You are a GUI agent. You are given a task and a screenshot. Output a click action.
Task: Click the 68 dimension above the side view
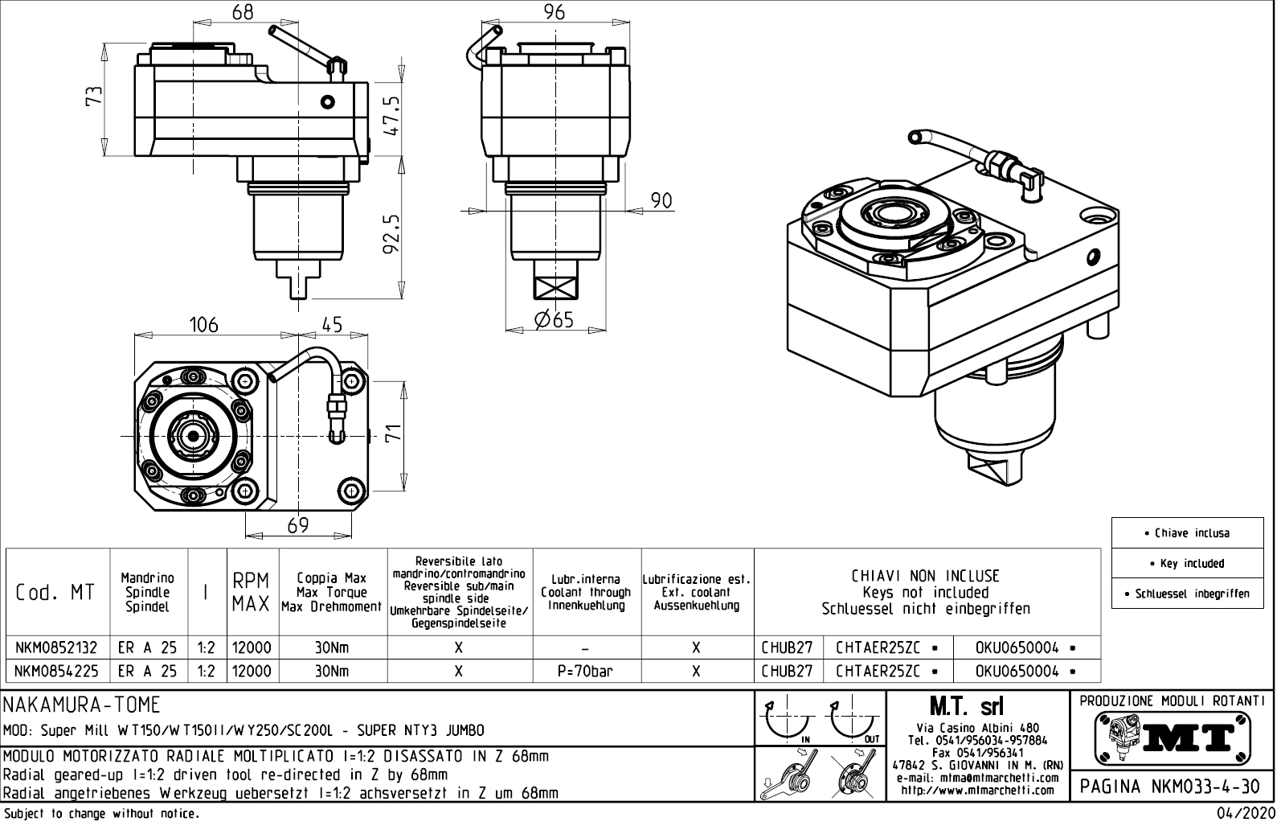[243, 12]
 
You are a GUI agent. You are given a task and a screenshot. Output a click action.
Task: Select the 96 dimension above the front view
[555, 12]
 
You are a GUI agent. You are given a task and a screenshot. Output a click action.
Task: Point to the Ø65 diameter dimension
[555, 320]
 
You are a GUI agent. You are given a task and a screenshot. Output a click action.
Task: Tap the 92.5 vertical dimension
[392, 233]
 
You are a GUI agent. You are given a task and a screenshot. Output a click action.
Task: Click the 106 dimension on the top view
[203, 325]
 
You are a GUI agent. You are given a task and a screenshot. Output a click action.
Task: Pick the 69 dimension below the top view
[297, 525]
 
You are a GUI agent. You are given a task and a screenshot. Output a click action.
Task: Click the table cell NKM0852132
[56, 647]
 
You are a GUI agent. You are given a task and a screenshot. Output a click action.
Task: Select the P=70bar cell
[585, 671]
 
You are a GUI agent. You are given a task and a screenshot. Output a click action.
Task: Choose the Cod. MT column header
[55, 593]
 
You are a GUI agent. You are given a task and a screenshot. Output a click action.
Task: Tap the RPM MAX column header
[252, 593]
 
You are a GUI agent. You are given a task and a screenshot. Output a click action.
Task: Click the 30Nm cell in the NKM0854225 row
[332, 671]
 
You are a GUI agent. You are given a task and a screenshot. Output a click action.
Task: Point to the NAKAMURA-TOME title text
[82, 705]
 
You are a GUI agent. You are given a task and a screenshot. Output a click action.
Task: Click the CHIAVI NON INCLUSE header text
[925, 576]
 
